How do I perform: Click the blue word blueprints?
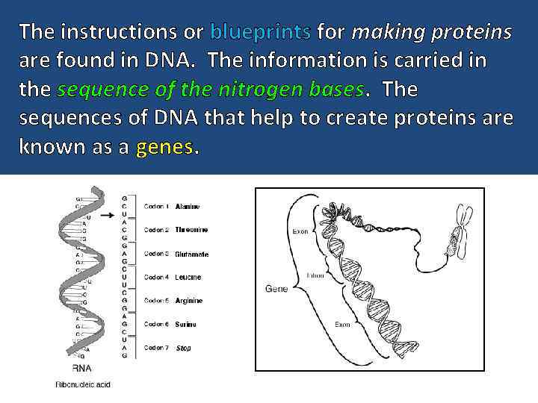tap(261, 33)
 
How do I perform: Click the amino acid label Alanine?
tap(188, 206)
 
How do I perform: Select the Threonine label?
tap(191, 230)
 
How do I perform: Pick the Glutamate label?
tap(192, 254)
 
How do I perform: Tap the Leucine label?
tap(188, 277)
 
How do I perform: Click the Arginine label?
tap(189, 301)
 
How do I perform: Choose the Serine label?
tap(186, 324)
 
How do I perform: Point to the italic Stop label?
tap(184, 348)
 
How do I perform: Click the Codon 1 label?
tap(157, 206)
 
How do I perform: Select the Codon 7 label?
tap(157, 348)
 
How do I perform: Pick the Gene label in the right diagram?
tap(276, 288)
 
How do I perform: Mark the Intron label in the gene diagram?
tap(315, 275)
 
